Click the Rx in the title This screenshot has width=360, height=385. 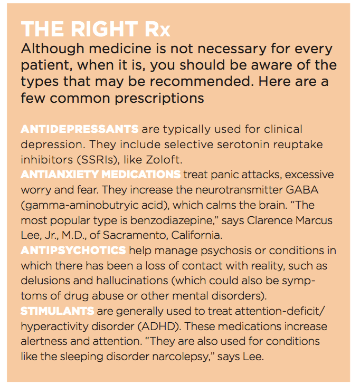coord(157,30)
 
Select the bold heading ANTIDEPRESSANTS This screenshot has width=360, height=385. coord(80,130)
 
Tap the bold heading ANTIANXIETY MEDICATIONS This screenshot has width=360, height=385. coord(101,174)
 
